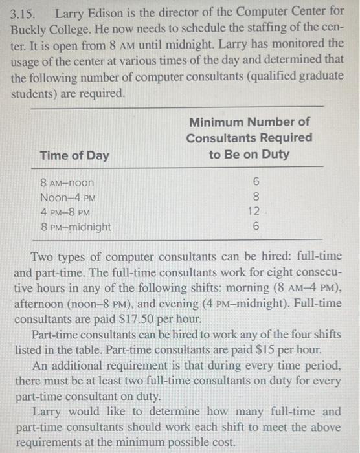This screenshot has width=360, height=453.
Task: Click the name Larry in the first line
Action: (x=71, y=13)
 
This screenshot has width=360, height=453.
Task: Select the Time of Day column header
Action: (x=74, y=156)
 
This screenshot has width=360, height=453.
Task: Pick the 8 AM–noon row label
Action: (x=67, y=183)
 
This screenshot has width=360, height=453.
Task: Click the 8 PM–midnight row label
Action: (x=76, y=227)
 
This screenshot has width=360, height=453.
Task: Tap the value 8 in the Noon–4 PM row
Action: (x=256, y=197)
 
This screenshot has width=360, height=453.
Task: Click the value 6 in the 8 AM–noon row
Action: (x=256, y=183)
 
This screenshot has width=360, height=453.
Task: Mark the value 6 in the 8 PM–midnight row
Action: (x=256, y=227)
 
